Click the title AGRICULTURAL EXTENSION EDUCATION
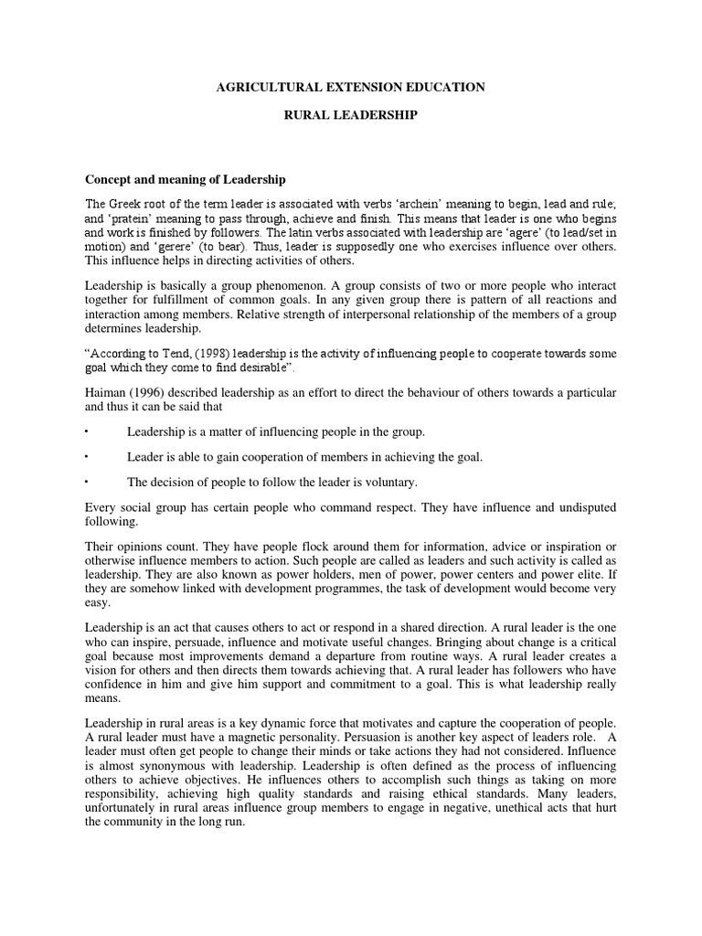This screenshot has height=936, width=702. tap(350, 87)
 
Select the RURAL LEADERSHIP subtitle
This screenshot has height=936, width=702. tap(350, 118)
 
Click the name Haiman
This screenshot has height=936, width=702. tap(108, 392)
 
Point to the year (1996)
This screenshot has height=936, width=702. tap(155, 392)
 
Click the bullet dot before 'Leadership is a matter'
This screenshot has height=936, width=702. tap(87, 431)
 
